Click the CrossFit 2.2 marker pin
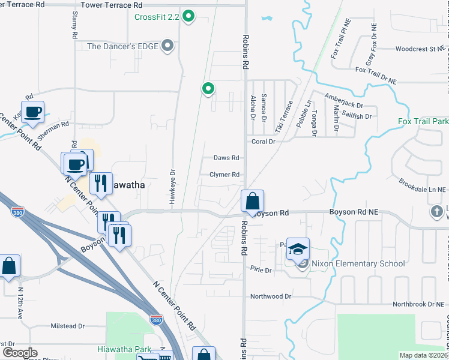click(188, 16)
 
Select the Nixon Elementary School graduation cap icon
click(298, 249)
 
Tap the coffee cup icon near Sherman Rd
click(33, 111)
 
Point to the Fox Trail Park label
click(423, 121)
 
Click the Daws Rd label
click(227, 158)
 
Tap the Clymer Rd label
click(224, 175)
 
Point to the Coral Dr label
click(263, 142)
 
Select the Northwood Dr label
click(270, 296)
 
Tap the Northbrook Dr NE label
click(418, 304)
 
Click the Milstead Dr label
click(67, 326)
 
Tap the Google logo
click(19, 353)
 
